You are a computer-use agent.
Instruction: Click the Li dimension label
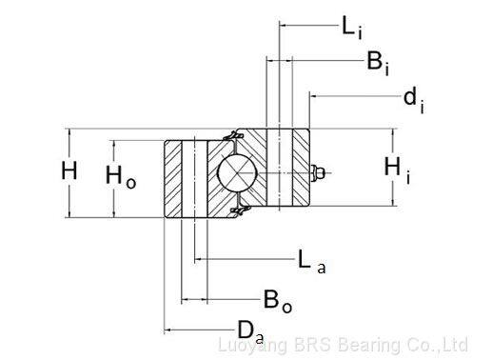352,28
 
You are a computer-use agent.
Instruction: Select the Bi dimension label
378,63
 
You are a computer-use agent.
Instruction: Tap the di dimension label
414,100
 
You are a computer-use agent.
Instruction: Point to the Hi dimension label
397,170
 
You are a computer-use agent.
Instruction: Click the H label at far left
69,170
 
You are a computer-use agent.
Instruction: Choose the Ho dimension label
121,177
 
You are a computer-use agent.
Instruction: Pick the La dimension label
312,261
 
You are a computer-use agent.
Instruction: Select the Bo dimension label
278,301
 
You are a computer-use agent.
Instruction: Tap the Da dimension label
250,331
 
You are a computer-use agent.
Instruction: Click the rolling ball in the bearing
237,173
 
